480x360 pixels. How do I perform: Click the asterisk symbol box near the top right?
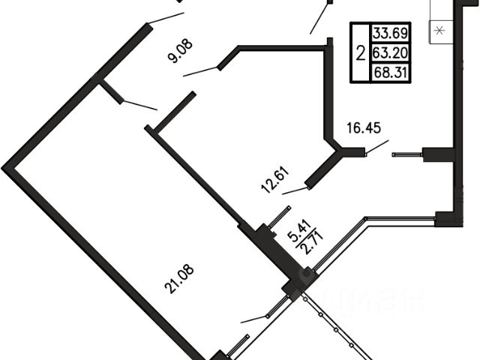pos(439,31)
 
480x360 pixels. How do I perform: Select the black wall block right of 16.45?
pos(439,154)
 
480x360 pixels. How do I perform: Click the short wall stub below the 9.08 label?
pos(110,91)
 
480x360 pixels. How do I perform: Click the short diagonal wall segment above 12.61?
pos(175,113)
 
